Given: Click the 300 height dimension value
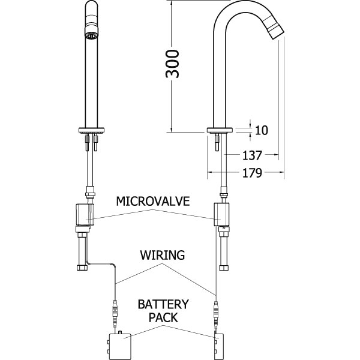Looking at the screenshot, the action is tap(172, 64).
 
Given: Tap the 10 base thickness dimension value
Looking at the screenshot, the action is tap(261, 130).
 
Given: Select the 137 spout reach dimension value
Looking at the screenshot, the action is tap(252, 155).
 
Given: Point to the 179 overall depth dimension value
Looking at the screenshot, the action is tap(252, 173).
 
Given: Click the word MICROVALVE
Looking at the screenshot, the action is tap(153, 202).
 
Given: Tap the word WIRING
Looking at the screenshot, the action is tap(163, 255).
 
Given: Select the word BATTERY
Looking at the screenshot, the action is tap(163, 304).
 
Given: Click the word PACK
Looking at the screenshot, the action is tap(163, 317).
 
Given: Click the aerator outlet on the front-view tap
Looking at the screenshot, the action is tap(91, 35).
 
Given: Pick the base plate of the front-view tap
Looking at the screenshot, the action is tap(91, 130).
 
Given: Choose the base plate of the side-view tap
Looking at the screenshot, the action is tap(220, 130).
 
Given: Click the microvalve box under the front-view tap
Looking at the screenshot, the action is tap(85, 215).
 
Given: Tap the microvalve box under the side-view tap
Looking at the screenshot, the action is tap(221, 214).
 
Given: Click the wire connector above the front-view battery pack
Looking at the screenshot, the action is tap(115, 313).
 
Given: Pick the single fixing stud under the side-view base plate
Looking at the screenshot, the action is tap(217, 142).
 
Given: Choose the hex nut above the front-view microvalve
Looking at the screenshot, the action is tap(91, 192).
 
